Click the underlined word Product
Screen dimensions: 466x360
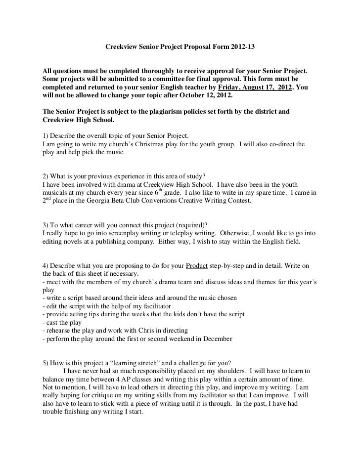click(x=197, y=265)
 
